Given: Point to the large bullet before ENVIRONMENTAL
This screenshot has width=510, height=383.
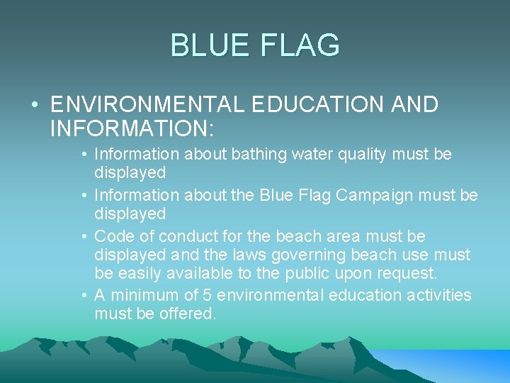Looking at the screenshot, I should pyautogui.click(x=35, y=106).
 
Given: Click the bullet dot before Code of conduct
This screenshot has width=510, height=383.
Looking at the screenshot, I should pyautogui.click(x=84, y=236).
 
